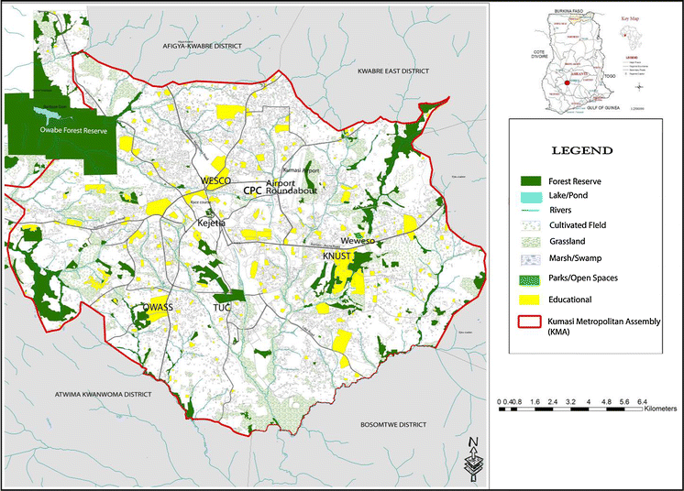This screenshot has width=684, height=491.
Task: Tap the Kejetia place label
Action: (212, 223)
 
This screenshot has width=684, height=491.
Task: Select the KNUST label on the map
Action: (337, 256)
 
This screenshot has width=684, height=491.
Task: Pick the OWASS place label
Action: (160, 306)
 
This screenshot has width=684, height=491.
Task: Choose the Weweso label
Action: (359, 240)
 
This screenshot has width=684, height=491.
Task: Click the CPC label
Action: (253, 190)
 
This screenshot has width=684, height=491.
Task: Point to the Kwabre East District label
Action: (399, 70)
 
